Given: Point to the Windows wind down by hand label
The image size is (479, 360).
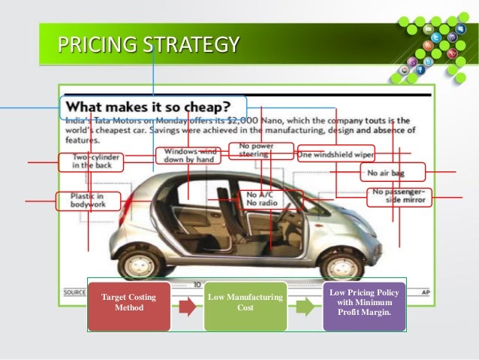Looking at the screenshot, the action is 188,155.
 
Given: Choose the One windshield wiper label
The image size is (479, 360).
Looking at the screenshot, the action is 336,154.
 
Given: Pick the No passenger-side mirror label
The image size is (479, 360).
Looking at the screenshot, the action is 399,197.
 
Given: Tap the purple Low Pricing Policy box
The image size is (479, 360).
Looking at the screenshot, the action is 363,306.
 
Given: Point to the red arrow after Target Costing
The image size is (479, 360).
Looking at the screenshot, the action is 187,307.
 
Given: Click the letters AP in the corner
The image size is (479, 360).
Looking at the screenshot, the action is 426,292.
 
